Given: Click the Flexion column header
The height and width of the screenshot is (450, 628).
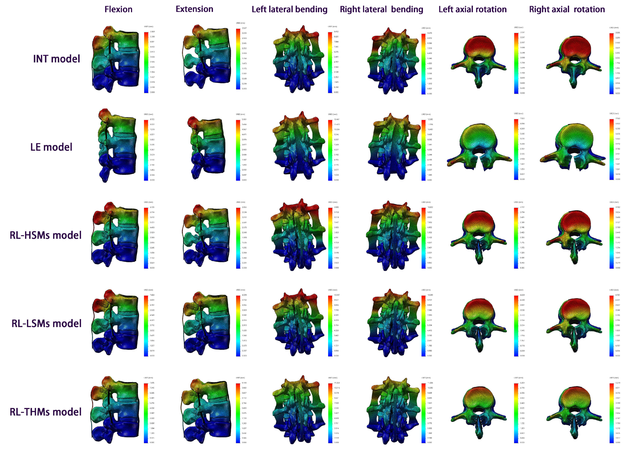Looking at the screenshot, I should pos(118,9).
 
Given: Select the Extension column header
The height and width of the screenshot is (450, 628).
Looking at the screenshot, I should pos(194,9).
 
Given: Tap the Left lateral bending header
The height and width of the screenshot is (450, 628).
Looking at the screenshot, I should pos(289,9).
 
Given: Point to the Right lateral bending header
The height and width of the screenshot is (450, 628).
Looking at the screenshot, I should pos(381,9).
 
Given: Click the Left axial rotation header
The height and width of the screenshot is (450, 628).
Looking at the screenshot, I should pos(472,9).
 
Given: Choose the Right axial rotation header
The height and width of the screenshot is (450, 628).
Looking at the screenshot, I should pos(567,9).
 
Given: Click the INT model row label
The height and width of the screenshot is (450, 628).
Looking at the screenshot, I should pos(56,59).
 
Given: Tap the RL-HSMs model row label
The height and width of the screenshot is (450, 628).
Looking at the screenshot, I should pos(46,235).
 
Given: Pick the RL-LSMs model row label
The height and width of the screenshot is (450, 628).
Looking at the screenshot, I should pos(47,323).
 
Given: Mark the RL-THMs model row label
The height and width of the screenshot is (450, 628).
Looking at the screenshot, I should pos(46,412).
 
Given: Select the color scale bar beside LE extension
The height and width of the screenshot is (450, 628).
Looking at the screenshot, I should pos(238,150).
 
